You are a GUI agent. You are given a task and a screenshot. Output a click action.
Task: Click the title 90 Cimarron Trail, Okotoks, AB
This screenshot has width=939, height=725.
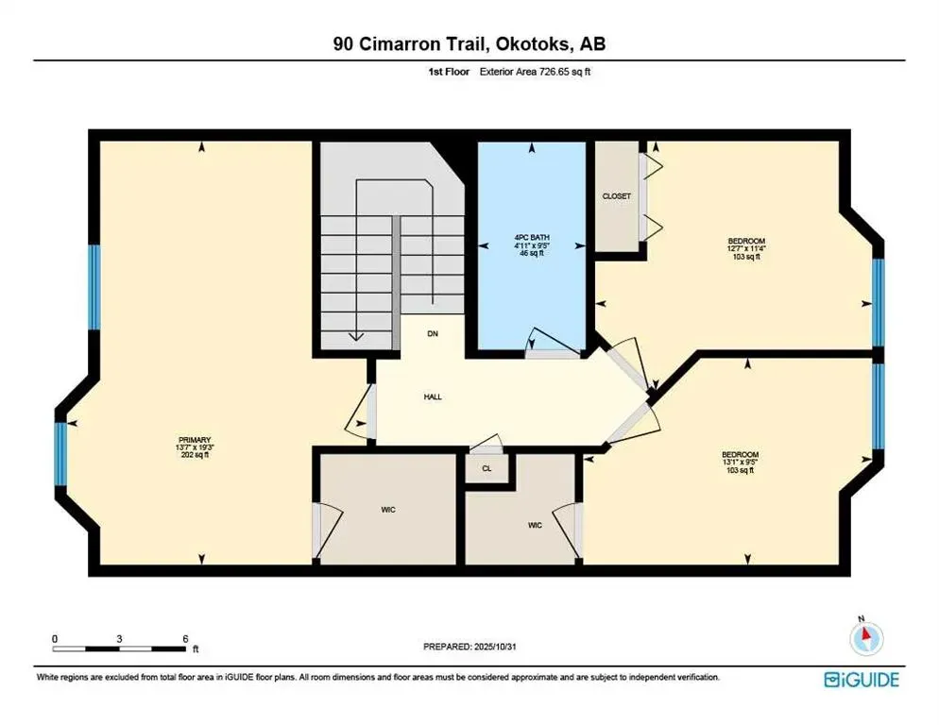[x=469, y=44]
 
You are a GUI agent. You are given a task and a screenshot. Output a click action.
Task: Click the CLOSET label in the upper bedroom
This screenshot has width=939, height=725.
[x=616, y=196]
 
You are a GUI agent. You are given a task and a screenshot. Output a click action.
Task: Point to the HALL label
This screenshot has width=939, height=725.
[x=433, y=396]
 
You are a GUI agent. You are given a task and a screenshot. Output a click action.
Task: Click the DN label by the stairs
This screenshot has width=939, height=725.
[x=433, y=334]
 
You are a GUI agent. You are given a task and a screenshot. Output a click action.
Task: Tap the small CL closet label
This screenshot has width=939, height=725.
[x=487, y=467]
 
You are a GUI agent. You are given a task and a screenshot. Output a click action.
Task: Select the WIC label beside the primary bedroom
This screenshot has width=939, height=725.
[x=388, y=510]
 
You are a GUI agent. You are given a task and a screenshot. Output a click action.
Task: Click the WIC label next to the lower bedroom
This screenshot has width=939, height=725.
[x=535, y=525]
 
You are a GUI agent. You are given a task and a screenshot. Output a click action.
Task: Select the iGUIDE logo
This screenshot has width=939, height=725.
[x=861, y=679]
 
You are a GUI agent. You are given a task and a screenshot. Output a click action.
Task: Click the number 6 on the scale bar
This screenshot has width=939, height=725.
[x=185, y=639]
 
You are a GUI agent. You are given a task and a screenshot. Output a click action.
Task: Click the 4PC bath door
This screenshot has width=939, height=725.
[x=553, y=346]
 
